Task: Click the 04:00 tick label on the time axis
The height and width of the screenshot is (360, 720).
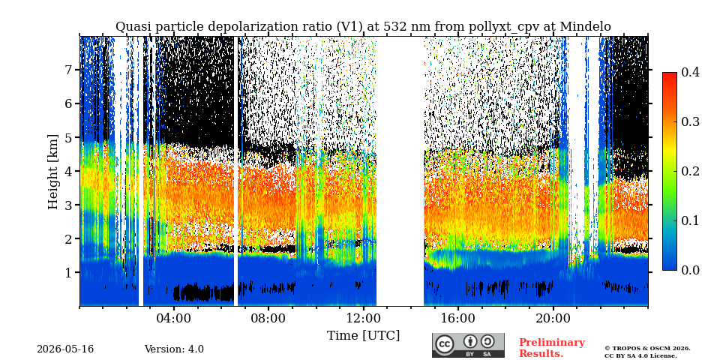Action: pyautogui.click(x=174, y=318)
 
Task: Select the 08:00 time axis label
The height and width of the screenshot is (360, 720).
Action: pyautogui.click(x=268, y=318)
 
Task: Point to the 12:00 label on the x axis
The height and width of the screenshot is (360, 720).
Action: pyautogui.click(x=363, y=318)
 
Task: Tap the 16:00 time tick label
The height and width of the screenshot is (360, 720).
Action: pyautogui.click(x=457, y=318)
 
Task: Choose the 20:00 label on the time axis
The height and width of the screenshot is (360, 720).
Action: pyautogui.click(x=553, y=318)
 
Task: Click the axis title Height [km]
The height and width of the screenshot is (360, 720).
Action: pyautogui.click(x=53, y=172)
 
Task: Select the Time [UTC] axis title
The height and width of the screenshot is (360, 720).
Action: pyautogui.click(x=363, y=336)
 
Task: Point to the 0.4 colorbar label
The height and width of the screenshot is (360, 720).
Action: pyautogui.click(x=690, y=72)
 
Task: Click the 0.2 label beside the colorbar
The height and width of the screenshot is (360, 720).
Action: pyautogui.click(x=690, y=171)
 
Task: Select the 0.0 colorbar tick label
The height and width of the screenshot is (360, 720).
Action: pyautogui.click(x=690, y=270)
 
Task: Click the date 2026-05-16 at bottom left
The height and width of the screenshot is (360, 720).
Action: pyautogui.click(x=65, y=349)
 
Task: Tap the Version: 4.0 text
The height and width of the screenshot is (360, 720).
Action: pyautogui.click(x=174, y=349)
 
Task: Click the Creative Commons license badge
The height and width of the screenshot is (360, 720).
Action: pyautogui.click(x=468, y=345)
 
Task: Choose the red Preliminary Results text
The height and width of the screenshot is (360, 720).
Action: pyautogui.click(x=552, y=348)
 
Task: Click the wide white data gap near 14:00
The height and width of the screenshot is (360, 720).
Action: pyautogui.click(x=400, y=171)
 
